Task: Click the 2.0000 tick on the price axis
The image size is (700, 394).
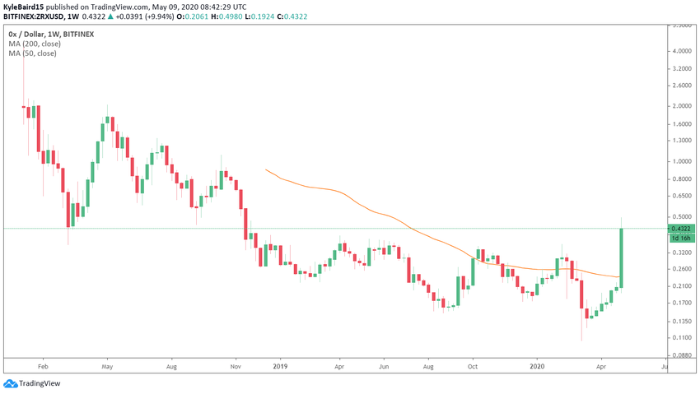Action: pos(681,106)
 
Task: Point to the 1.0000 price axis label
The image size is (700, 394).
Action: pos(681,161)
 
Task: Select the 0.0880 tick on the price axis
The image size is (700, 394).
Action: pos(681,355)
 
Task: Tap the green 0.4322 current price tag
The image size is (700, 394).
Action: pos(681,228)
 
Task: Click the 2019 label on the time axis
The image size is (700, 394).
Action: pos(281,367)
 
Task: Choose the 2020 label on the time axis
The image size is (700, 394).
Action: pos(538,367)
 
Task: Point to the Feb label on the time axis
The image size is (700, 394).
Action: pos(44,367)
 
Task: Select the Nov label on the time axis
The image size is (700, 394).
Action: pos(236,367)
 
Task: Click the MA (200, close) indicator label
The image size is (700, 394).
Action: pos(35,44)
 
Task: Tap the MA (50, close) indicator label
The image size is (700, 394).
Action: pos(33,53)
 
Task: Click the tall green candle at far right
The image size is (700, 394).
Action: pos(621,257)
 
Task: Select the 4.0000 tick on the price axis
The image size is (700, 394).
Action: pos(681,51)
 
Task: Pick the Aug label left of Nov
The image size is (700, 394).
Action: pos(171,367)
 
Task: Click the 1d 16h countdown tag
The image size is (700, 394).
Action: pos(681,238)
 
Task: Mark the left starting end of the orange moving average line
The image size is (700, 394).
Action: pos(264,169)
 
